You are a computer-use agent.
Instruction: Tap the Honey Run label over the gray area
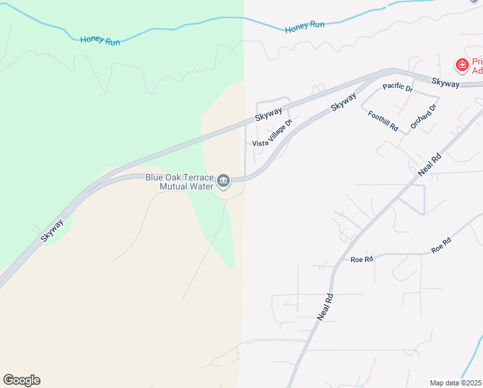[304, 26]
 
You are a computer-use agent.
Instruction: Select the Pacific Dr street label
[397, 87]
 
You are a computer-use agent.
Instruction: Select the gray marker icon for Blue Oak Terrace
[224, 180]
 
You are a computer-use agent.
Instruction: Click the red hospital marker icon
[462, 65]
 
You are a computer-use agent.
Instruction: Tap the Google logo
[21, 380]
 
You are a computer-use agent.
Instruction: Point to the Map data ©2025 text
[456, 382]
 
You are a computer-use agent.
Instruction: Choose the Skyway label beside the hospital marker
[445, 83]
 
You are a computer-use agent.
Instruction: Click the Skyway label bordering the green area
[52, 231]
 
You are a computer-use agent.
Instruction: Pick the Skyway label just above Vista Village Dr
[268, 114]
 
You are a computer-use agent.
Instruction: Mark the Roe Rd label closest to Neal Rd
[362, 259]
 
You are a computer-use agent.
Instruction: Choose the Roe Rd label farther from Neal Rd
[441, 244]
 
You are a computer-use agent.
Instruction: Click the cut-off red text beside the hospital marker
[477, 65]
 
